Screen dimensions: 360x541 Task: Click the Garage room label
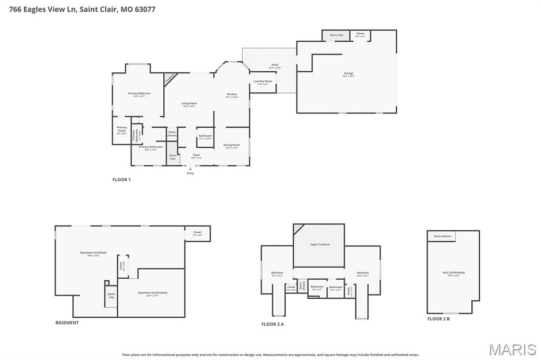[x=348, y=74]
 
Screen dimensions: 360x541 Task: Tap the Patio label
[x=275, y=65]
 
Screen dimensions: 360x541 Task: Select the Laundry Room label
[x=263, y=82]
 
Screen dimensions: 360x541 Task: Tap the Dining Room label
[x=231, y=146]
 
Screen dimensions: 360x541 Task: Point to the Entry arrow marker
[x=190, y=169]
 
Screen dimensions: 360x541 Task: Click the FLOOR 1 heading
[x=122, y=179]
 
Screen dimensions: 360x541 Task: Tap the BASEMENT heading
[x=67, y=323]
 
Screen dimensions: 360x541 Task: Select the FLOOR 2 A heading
[x=273, y=324]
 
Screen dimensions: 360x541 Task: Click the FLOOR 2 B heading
[x=439, y=319]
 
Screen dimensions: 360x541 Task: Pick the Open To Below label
[x=320, y=244]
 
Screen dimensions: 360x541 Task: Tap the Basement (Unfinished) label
[x=152, y=293]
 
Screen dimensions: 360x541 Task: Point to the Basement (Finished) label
[x=93, y=253]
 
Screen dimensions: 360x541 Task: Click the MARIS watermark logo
[x=512, y=349]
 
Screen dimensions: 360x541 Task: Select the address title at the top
[x=78, y=9]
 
